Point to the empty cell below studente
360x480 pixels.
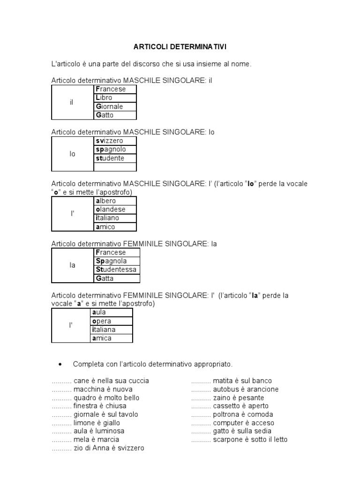(115, 167)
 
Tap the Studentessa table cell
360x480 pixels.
(116, 270)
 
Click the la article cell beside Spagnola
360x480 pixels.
(72, 265)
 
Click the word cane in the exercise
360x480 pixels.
(81, 381)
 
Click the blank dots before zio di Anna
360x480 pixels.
(61, 448)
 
